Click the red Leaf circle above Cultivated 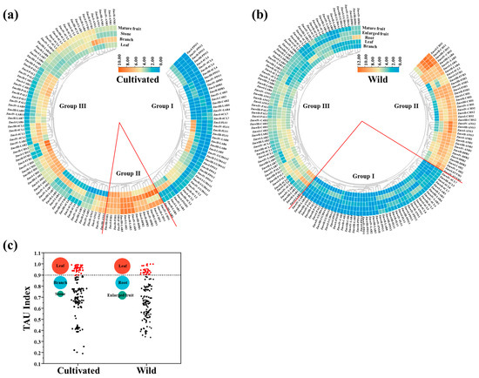coord(60,264)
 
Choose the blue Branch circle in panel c coord(60,283)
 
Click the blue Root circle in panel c coord(123,283)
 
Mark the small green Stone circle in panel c coord(60,294)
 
